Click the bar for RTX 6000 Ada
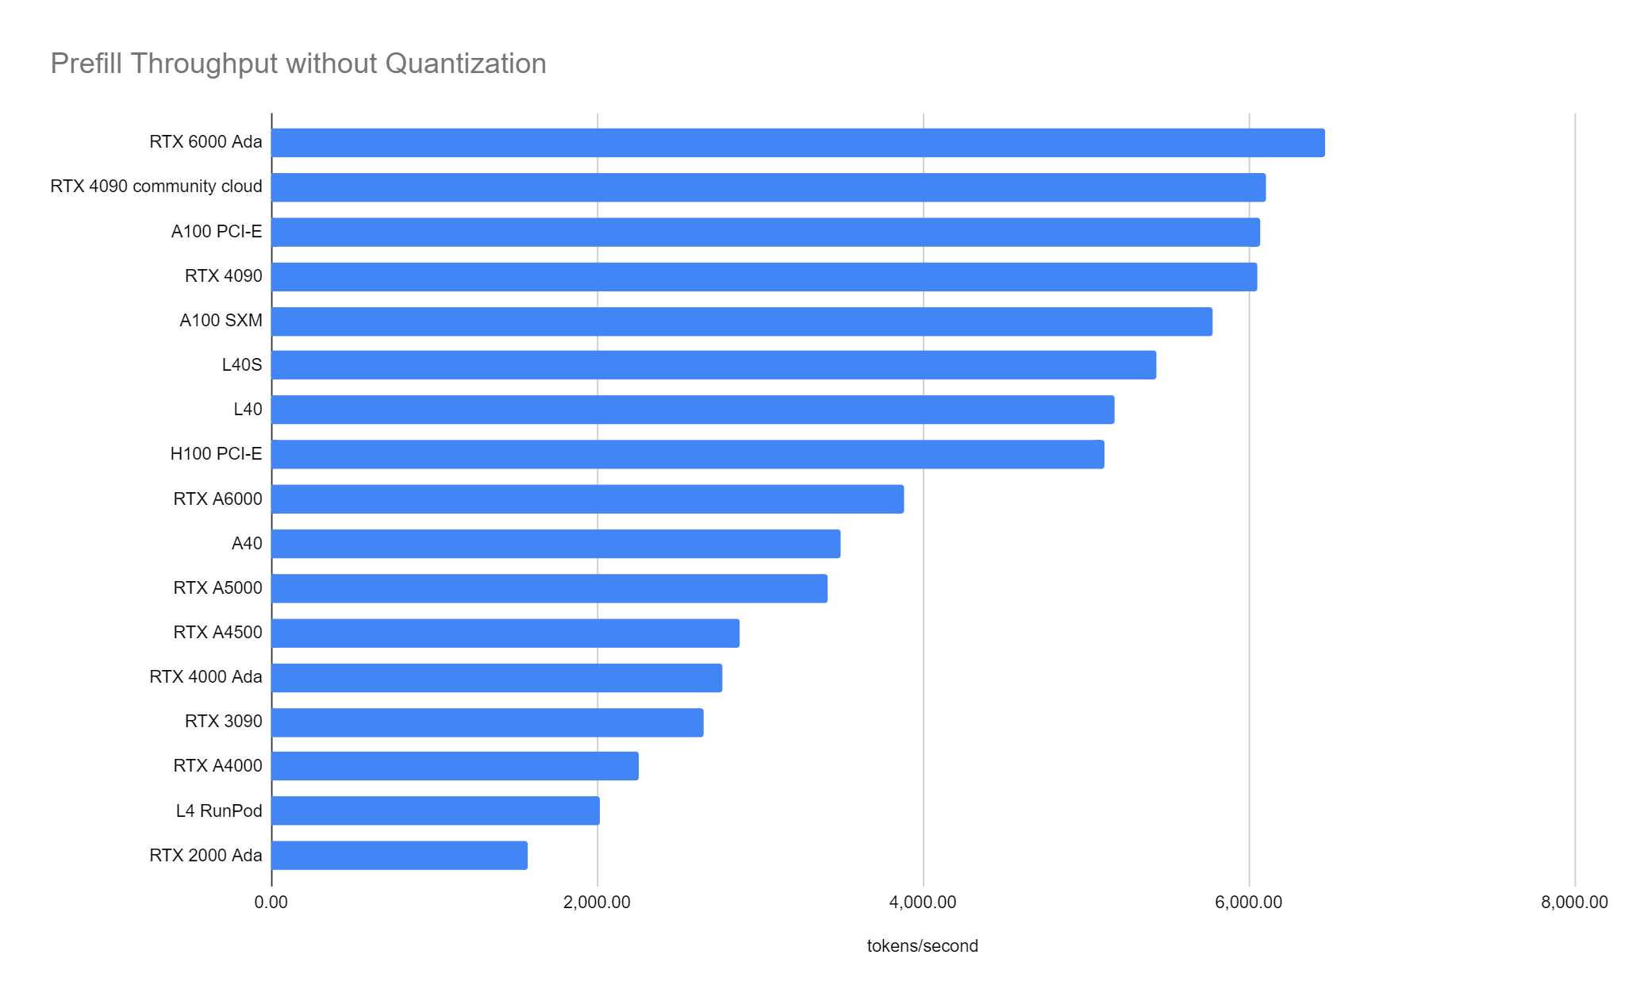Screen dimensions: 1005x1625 click(797, 143)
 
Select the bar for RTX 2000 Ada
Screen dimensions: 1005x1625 click(399, 856)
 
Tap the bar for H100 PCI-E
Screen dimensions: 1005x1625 click(687, 454)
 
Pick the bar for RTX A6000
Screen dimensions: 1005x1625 click(587, 499)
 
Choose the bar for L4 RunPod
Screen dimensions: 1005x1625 click(435, 811)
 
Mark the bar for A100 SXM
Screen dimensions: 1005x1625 click(741, 322)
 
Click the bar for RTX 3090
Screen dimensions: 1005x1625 click(487, 722)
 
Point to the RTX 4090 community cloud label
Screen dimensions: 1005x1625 click(156, 187)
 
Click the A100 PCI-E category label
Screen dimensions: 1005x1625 click(216, 232)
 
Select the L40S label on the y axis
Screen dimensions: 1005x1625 click(241, 365)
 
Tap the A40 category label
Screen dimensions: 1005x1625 click(246, 544)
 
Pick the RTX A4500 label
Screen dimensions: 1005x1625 click(217, 633)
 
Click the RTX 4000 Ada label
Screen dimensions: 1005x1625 click(206, 677)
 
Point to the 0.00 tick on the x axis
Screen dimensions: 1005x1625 click(271, 903)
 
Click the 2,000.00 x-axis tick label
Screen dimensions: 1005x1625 click(597, 903)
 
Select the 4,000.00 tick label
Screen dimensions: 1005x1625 click(923, 903)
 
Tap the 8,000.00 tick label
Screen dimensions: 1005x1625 click(1574, 903)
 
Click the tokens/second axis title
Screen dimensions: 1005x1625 click(922, 946)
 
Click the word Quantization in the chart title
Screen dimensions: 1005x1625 click(466, 64)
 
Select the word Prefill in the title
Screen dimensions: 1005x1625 click(86, 64)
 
